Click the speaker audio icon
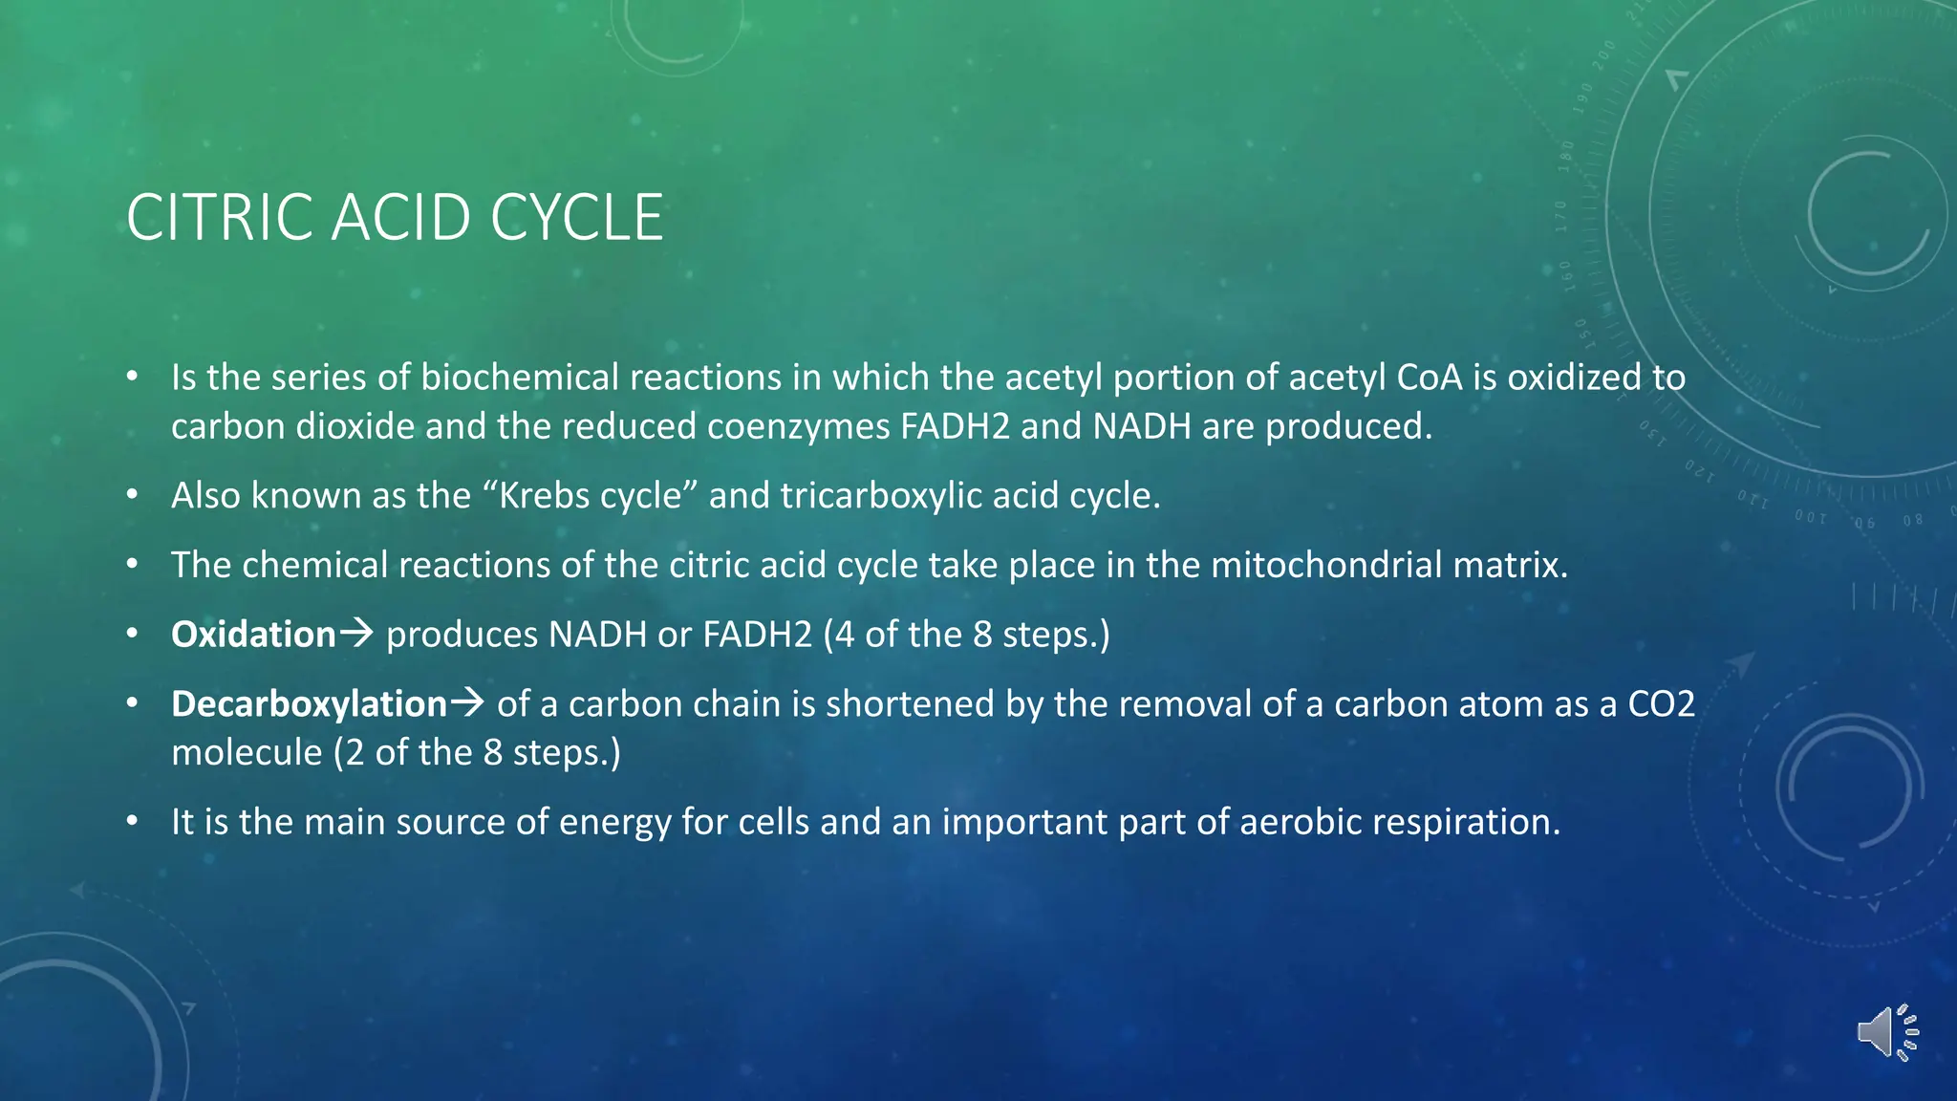[x=1887, y=1032]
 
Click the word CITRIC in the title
[x=218, y=218]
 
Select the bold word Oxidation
[x=253, y=635]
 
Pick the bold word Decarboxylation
[x=309, y=704]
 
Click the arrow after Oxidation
[x=356, y=633]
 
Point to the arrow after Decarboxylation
[x=467, y=702]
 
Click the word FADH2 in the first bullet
[x=954, y=426]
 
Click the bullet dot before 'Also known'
[x=133, y=495]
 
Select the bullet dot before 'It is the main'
[x=133, y=821]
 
